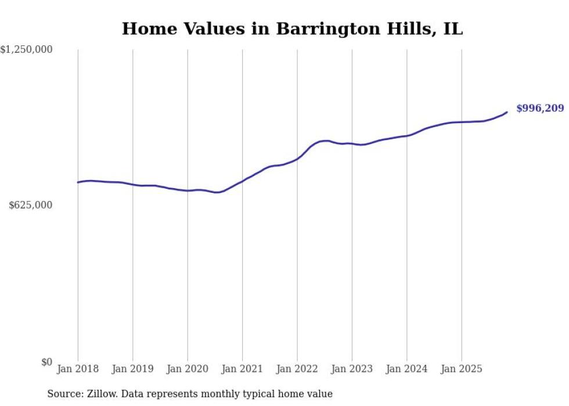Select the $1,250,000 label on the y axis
[x=26, y=50]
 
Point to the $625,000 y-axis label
[x=31, y=205]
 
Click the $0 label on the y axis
[x=46, y=362]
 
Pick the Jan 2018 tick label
[x=78, y=369]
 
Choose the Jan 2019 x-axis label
[x=132, y=369]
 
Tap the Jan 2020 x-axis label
[x=188, y=369]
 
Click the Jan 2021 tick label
[x=242, y=369]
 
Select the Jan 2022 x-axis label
[x=297, y=369]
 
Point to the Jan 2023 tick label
[x=352, y=369]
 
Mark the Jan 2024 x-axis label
[x=406, y=369]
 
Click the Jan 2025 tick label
[x=462, y=369]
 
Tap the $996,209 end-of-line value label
[x=539, y=109]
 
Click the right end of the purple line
[x=507, y=112]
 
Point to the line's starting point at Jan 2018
[x=78, y=182]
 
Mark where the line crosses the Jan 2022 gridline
[x=297, y=159]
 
